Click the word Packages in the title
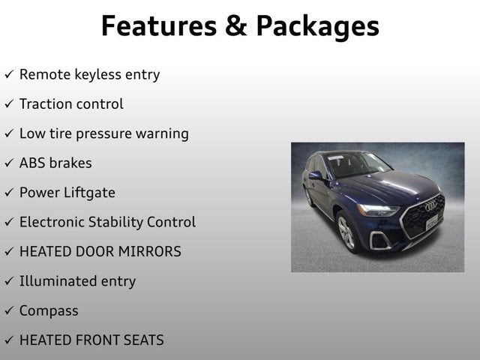pyautogui.click(x=317, y=27)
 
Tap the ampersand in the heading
pyautogui.click(x=233, y=25)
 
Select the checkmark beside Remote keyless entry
pyautogui.click(x=8, y=75)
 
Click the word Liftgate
pyautogui.click(x=89, y=193)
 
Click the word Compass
pyautogui.click(x=49, y=311)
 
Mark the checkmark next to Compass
pyautogui.click(x=8, y=311)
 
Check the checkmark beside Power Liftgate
pyautogui.click(x=8, y=193)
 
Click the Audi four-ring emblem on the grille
pyautogui.click(x=430, y=206)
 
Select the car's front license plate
pyautogui.click(x=432, y=223)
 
